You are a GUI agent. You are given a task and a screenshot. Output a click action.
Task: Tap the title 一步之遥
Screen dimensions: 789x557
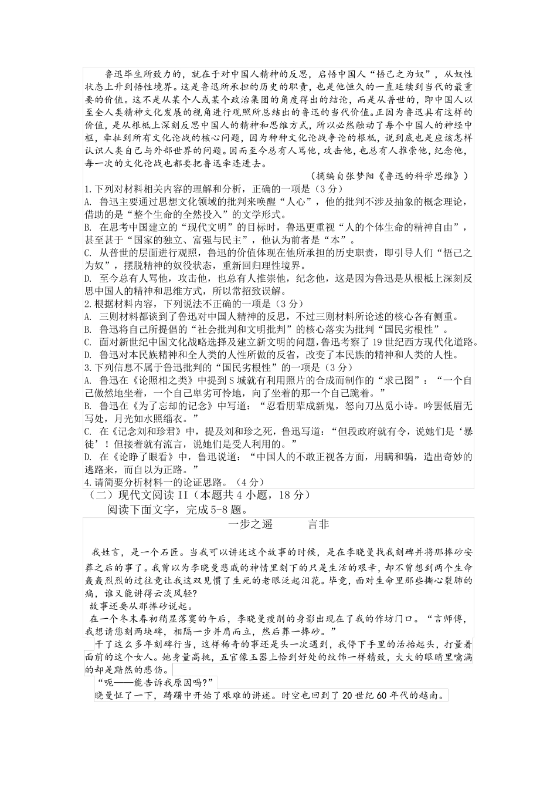point(250,525)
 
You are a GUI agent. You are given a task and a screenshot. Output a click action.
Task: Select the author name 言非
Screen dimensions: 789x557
point(318,525)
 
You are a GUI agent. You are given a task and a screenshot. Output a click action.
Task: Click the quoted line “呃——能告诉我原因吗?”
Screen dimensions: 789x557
point(157,682)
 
